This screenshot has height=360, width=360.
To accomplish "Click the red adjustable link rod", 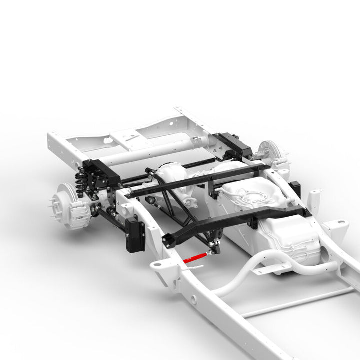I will coord(195,257).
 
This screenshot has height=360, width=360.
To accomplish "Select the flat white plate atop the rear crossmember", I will coord(131,139).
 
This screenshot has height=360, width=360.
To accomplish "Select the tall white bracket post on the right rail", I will coord(313,200).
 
